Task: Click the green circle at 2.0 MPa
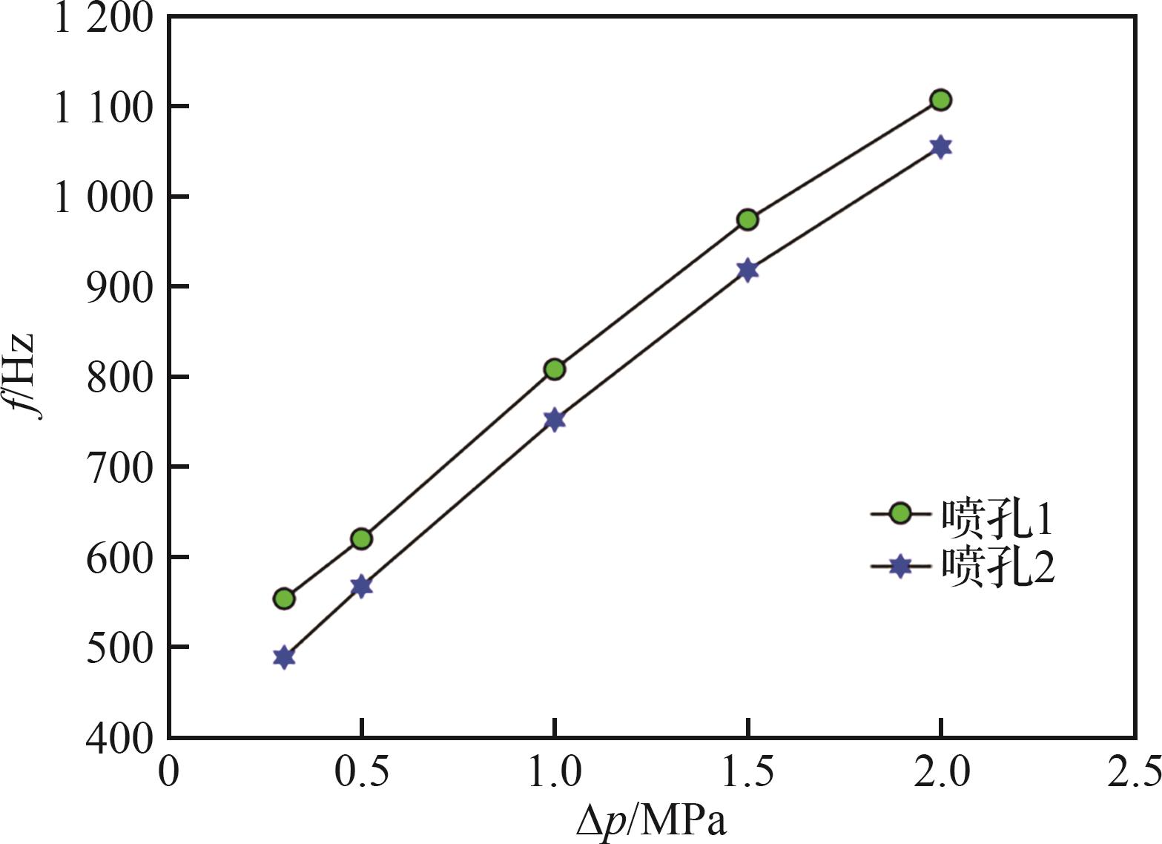[940, 100]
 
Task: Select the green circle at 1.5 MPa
[747, 220]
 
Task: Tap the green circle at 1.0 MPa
[555, 369]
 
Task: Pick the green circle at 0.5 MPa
[361, 538]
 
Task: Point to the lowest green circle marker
[284, 599]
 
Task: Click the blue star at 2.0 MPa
[940, 147]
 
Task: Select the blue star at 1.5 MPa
[747, 270]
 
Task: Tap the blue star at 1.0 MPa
[555, 420]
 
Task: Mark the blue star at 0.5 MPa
[361, 587]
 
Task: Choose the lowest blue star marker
[284, 657]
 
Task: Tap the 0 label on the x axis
[169, 771]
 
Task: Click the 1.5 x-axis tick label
[747, 771]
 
